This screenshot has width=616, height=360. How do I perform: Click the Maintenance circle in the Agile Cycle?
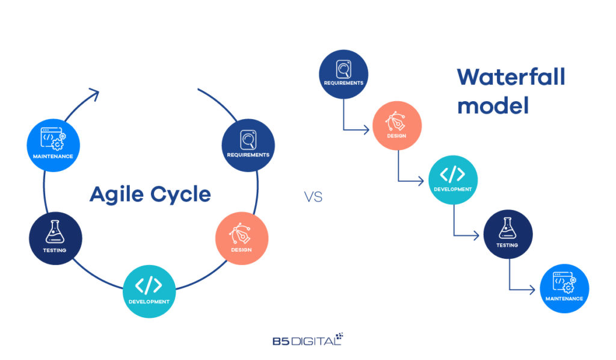53,145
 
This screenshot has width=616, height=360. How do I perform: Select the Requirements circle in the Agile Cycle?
248,145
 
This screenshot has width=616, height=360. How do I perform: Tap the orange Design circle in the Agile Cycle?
241,238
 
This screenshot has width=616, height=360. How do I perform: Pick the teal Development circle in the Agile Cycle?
149,291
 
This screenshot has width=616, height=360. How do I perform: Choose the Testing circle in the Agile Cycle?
55,238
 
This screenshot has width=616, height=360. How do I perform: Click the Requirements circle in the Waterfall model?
343,73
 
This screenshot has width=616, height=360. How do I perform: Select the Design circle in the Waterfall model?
397,126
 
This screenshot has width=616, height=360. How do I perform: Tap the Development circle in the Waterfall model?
452,179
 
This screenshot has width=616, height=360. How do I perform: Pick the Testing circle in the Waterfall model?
507,234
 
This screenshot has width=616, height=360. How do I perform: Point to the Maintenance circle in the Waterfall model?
564,288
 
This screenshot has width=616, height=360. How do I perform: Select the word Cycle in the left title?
179,194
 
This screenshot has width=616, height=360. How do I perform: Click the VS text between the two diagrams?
313,197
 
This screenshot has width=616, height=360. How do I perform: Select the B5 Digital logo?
307,340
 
